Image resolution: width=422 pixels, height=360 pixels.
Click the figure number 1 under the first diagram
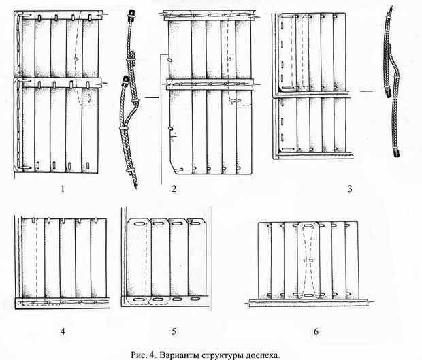(x=62, y=189)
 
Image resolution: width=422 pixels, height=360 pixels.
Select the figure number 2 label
(x=174, y=189)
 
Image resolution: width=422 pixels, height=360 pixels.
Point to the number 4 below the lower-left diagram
(x=63, y=331)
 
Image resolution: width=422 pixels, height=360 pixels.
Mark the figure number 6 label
(x=314, y=331)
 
